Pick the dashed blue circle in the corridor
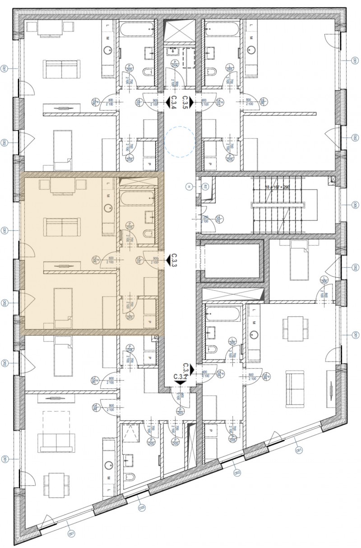point(180,141)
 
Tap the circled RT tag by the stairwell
point(204,186)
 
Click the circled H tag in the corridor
point(190,186)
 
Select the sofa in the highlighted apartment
point(61,228)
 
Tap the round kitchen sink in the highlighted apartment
point(107,208)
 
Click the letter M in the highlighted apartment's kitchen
point(108,196)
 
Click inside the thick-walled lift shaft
point(232,261)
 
